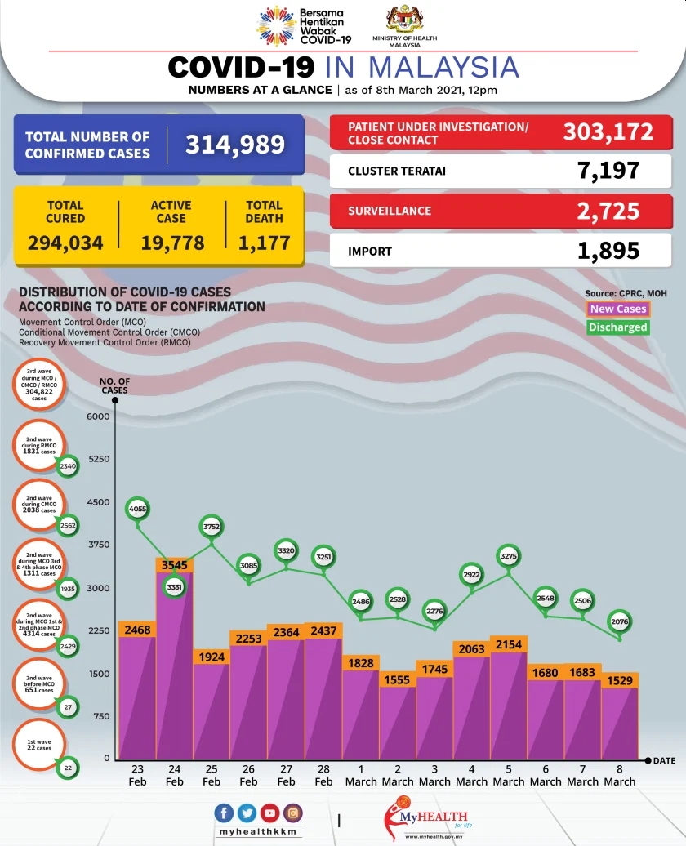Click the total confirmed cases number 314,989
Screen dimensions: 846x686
coord(234,145)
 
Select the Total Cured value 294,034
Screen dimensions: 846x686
coord(65,243)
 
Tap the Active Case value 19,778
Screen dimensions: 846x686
coord(171,243)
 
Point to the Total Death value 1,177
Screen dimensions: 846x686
coord(264,243)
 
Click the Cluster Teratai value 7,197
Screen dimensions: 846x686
coord(608,171)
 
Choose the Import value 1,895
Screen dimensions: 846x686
coord(608,252)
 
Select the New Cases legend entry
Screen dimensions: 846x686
coord(618,309)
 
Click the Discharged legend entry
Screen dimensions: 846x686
coord(618,327)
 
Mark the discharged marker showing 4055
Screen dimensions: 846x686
coord(137,509)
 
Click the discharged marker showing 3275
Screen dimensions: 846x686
coord(508,556)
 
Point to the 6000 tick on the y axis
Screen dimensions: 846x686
coord(97,416)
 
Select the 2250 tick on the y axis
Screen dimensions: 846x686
coord(97,630)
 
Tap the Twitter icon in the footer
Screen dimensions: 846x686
coord(247,813)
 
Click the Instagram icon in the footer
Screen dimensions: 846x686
coord(292,813)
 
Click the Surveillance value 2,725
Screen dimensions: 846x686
coord(608,211)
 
